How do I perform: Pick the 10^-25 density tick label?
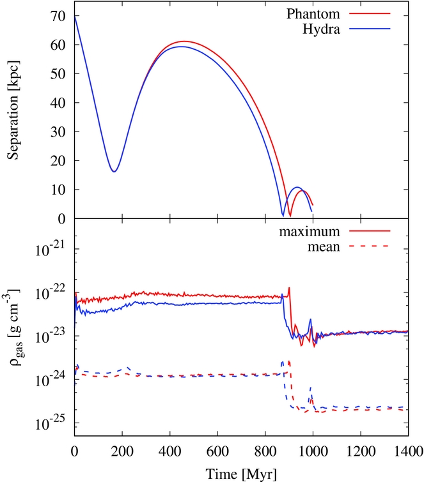[x=52, y=423]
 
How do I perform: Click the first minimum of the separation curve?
[x=114, y=171]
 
